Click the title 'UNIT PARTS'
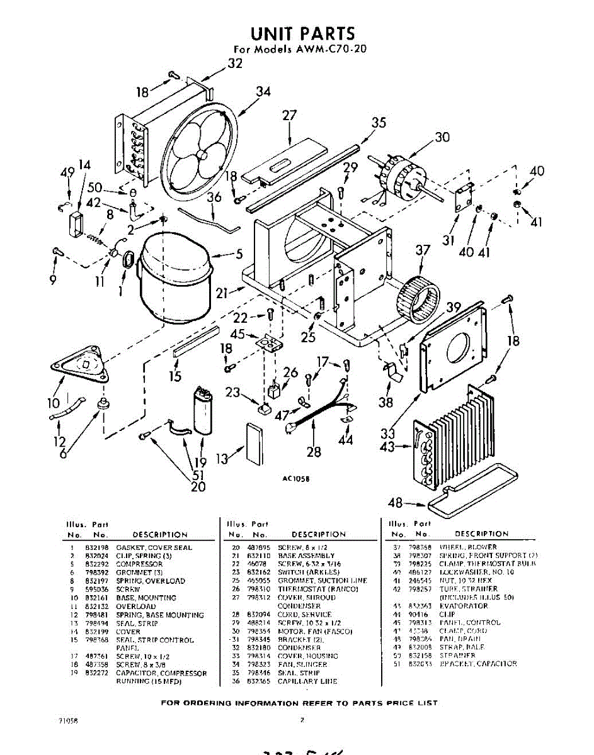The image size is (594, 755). [302, 33]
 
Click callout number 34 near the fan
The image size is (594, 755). [263, 92]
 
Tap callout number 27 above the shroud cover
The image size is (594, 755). [289, 116]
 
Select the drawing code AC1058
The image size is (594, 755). [295, 478]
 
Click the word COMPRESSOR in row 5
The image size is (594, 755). [139, 564]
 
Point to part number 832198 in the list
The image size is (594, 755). [93, 547]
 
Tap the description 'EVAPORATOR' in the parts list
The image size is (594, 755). [464, 606]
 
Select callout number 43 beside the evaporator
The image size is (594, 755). [389, 447]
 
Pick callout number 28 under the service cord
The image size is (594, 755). [313, 451]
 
